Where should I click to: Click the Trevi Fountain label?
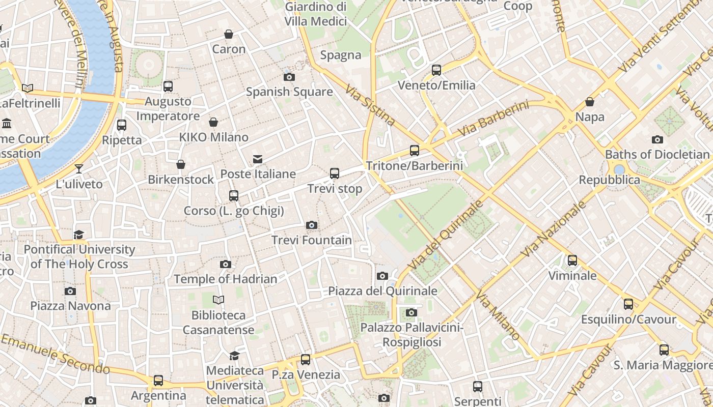pos(311,240)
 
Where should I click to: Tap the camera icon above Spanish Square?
pos(289,77)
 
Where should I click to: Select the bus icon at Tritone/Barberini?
pos(415,151)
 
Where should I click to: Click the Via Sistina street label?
pos(370,105)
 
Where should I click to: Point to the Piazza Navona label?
pos(70,306)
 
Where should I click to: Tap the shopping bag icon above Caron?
pos(229,34)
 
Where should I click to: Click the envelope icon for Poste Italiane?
pos(258,159)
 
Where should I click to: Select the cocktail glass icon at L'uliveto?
pos(79,169)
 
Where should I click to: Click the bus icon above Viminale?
pos(572,260)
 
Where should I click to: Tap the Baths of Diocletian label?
pos(657,154)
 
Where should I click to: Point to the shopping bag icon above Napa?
pos(590,102)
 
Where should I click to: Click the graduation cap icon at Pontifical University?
pos(79,235)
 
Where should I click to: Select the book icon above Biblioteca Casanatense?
pos(218,300)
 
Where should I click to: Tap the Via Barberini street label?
pos(493,119)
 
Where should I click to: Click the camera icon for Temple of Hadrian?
pos(226,264)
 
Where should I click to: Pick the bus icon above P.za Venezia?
pos(306,360)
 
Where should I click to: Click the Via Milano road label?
pos(499,315)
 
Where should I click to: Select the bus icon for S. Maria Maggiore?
pos(664,350)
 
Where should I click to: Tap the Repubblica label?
pos(609,180)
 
